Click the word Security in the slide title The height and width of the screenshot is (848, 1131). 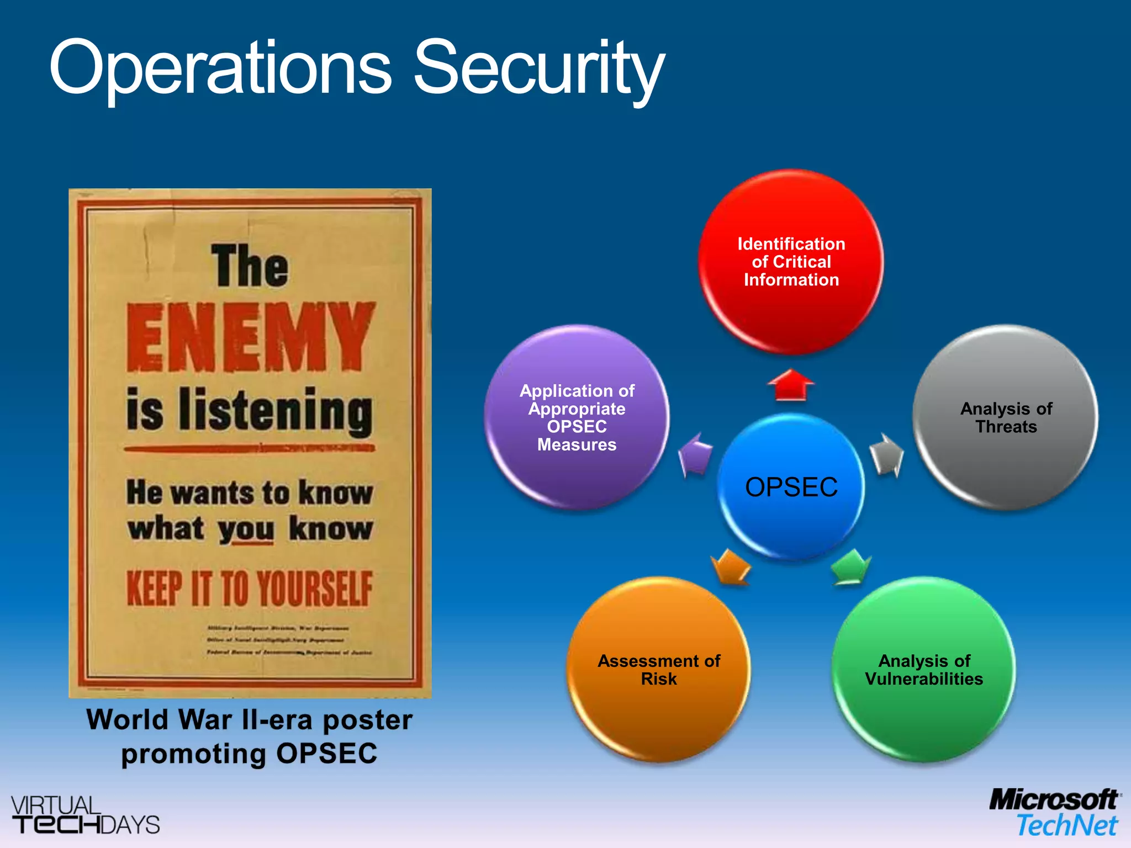click(x=538, y=69)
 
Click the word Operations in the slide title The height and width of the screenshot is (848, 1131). click(x=221, y=69)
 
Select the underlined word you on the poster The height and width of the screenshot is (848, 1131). click(x=246, y=529)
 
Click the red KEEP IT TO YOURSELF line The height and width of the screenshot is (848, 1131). click(x=250, y=589)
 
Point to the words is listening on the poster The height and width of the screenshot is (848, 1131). click(x=250, y=410)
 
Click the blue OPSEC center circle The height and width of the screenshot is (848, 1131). click(x=791, y=486)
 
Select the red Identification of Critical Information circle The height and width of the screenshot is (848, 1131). click(x=791, y=262)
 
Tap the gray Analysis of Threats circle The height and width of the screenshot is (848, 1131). click(x=1006, y=417)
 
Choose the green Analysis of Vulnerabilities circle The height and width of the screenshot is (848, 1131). click(x=924, y=669)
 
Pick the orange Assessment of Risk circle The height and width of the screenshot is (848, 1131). click(x=658, y=669)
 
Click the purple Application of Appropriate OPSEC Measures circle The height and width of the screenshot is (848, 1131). click(x=577, y=417)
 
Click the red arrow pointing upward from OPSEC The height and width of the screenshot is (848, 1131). click(x=791, y=384)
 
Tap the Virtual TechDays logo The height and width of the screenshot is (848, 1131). click(x=84, y=815)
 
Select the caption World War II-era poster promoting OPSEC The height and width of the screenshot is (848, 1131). click(x=250, y=736)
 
